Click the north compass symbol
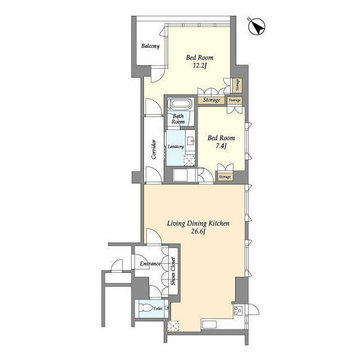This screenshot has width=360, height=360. click(x=257, y=27)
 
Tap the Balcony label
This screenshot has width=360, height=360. click(x=150, y=46)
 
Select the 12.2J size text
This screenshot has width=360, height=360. click(x=200, y=66)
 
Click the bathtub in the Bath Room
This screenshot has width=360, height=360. click(x=180, y=104)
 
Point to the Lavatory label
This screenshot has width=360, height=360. click(x=175, y=146)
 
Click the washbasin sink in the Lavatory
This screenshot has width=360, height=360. click(x=191, y=141)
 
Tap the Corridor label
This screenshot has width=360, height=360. click(x=154, y=149)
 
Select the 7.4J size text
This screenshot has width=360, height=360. click(x=221, y=146)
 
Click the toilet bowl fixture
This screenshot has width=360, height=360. click(x=146, y=308)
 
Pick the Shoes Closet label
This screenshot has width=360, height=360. click(x=173, y=271)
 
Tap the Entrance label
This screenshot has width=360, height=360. click(x=150, y=264)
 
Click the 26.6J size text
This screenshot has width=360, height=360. click(x=198, y=231)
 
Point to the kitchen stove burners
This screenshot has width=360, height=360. click(x=238, y=310)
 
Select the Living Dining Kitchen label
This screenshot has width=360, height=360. click(x=198, y=223)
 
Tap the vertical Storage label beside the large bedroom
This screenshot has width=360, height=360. click(x=237, y=85)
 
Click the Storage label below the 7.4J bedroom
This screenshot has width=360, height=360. click(x=225, y=177)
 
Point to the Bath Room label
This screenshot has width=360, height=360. click(x=178, y=119)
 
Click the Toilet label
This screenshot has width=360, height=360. click(x=157, y=309)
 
